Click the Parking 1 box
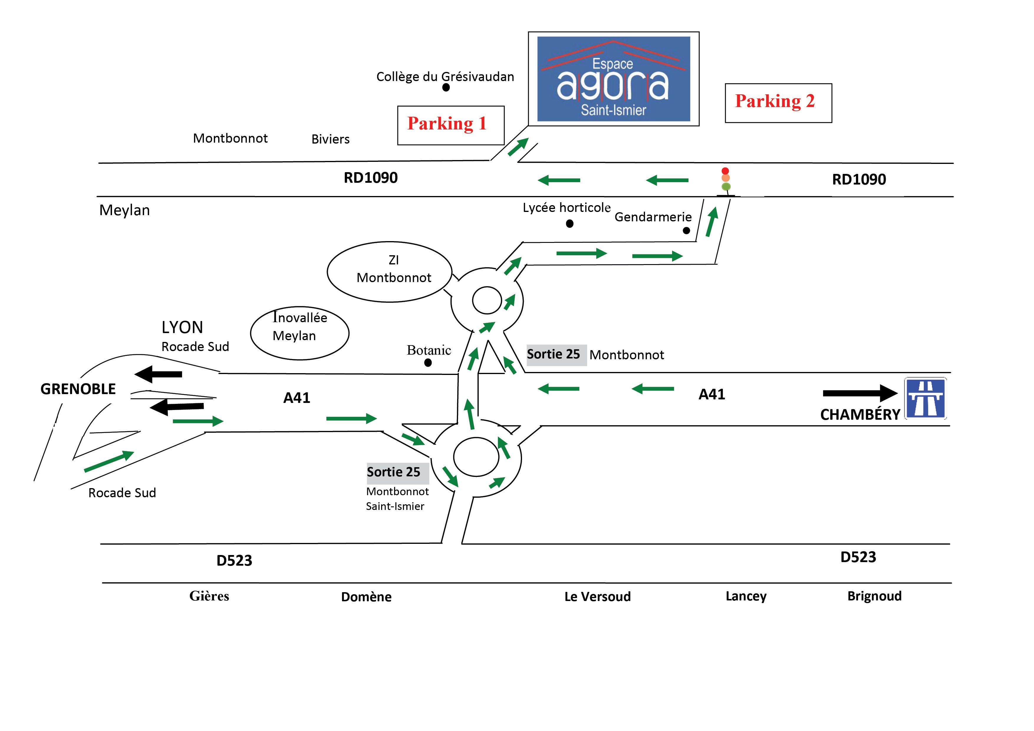pos(450,125)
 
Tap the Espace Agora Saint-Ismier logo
pos(613,79)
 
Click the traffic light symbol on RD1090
pos(725,180)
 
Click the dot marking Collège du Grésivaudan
pos(446,87)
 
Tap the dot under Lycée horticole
pos(570,223)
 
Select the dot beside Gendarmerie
pos(686,231)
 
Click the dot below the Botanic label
pos(428,363)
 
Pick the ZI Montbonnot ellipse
pos(390,271)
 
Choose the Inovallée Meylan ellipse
pos(299,333)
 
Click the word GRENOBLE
pos(78,389)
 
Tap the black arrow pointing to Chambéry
pos(860,393)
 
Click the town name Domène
pos(366,597)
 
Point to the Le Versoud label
pos(597,596)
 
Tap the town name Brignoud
pos(874,596)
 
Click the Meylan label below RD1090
pos(124,210)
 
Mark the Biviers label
pos(330,139)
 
